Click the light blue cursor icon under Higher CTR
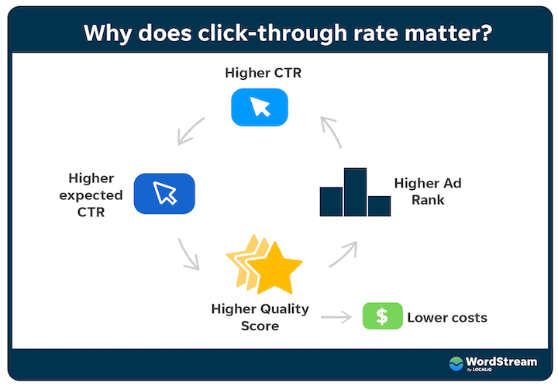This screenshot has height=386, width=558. (x=260, y=107)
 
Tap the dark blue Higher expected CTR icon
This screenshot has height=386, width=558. (x=164, y=194)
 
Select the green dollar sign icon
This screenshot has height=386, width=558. (x=383, y=316)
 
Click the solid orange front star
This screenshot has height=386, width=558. (x=274, y=268)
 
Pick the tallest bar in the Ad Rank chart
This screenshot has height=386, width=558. (x=355, y=192)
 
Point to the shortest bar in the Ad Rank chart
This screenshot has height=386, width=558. (x=379, y=206)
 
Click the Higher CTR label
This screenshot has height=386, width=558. (x=263, y=73)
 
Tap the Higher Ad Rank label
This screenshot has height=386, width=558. (x=428, y=191)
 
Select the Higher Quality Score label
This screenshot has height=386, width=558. (x=260, y=317)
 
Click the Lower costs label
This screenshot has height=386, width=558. (x=447, y=317)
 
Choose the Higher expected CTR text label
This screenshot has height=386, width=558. (x=91, y=195)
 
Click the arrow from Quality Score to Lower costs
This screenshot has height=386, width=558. (x=336, y=317)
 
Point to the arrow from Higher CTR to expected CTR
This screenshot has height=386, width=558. (x=190, y=132)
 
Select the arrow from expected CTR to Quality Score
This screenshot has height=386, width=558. (x=188, y=254)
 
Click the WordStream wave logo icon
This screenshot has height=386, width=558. (x=456, y=364)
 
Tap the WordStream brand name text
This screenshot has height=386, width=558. (x=501, y=362)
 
